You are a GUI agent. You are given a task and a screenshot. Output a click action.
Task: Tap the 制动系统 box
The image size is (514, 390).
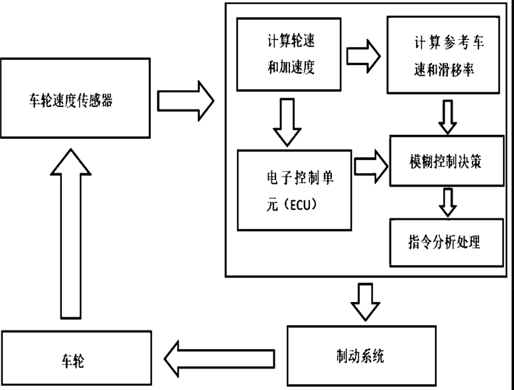point(361,355)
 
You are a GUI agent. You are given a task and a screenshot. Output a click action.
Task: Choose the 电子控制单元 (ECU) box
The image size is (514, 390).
point(295,189)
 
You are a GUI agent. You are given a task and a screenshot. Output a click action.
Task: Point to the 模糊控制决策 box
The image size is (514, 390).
point(446,161)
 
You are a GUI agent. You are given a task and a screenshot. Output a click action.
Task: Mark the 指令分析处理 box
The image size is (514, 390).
point(446,242)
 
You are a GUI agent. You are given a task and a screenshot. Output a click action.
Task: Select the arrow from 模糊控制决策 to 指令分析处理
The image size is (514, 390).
point(448,202)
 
